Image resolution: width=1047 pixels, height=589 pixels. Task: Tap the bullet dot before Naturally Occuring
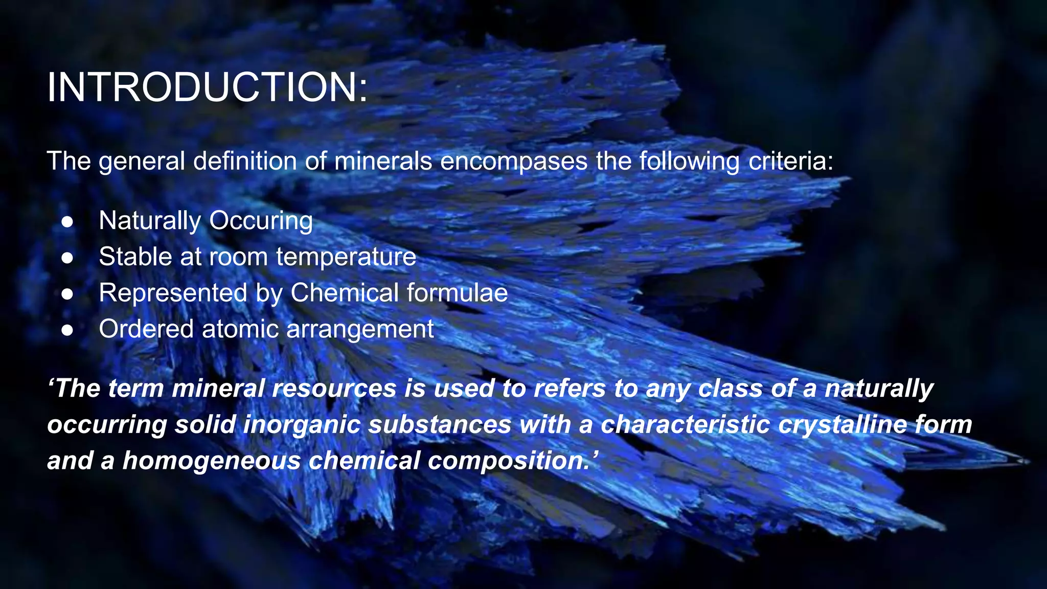[67, 222]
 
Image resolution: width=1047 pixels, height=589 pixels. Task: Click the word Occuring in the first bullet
[261, 221]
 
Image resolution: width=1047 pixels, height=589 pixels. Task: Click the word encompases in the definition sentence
[514, 162]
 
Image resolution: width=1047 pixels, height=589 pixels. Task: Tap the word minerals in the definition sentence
[383, 162]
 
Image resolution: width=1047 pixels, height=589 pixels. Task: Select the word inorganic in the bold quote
[302, 425]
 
